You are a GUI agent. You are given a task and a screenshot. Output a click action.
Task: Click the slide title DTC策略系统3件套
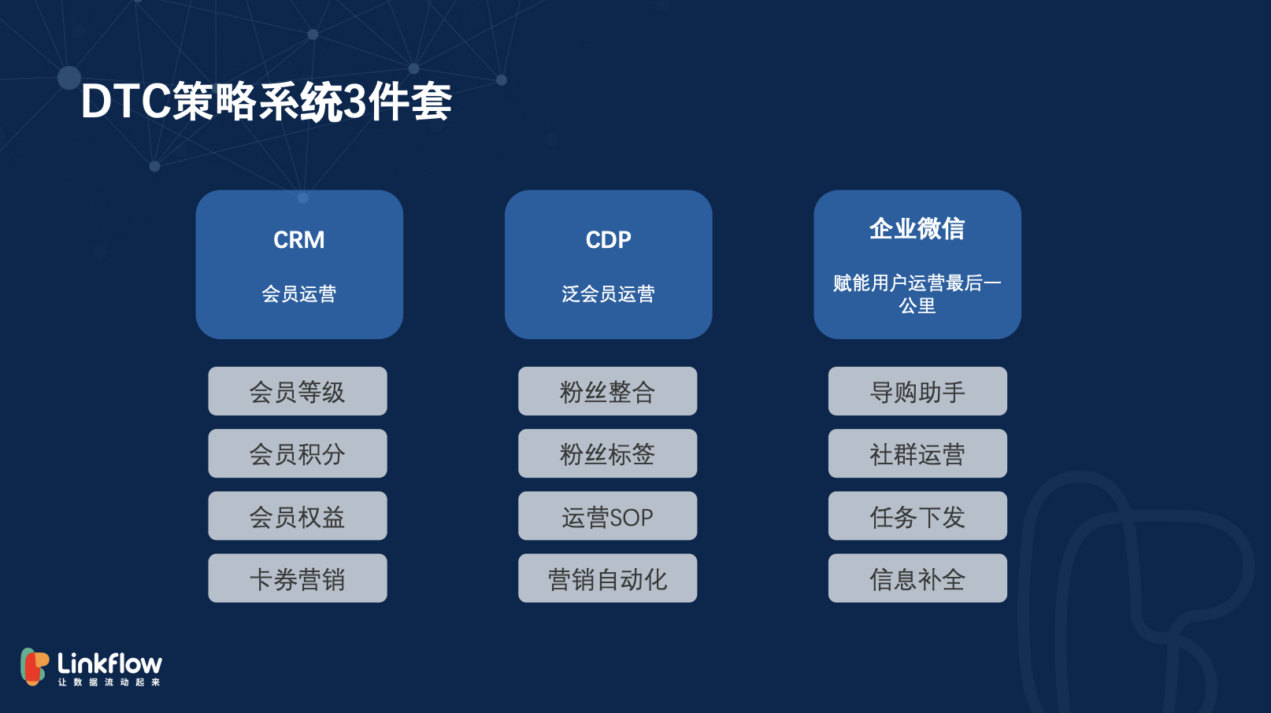click(x=266, y=102)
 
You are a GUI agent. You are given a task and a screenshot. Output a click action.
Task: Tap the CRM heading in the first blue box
click(x=298, y=240)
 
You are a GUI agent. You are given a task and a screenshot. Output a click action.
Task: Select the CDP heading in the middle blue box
click(x=608, y=240)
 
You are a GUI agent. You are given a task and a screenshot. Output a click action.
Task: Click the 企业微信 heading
click(x=917, y=228)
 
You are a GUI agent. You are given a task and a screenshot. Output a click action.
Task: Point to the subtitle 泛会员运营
click(x=608, y=294)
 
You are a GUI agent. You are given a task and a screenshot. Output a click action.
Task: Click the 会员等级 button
click(x=298, y=391)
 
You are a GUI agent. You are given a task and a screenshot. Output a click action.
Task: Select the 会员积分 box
click(x=298, y=453)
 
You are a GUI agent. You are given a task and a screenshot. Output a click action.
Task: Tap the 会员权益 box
click(x=298, y=516)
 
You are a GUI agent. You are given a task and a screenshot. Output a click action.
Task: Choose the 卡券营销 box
click(x=298, y=578)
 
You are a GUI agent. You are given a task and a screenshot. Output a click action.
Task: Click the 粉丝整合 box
click(x=607, y=391)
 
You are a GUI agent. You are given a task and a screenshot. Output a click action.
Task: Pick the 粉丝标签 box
click(x=607, y=453)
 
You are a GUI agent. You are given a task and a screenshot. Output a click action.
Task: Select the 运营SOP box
click(x=607, y=516)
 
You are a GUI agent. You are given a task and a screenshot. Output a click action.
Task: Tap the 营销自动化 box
click(x=607, y=578)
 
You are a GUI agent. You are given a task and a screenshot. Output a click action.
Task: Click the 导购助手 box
click(x=917, y=391)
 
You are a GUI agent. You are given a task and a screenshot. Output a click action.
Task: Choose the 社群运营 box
click(x=917, y=453)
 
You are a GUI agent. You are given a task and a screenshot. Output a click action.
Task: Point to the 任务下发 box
click(x=917, y=516)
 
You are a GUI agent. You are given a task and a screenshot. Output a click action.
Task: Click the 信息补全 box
click(x=917, y=578)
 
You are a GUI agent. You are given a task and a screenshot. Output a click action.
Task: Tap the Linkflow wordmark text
click(x=109, y=663)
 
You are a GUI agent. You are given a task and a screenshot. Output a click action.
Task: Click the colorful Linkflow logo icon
click(x=34, y=667)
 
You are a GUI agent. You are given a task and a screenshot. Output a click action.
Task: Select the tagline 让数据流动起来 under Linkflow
click(x=109, y=682)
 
